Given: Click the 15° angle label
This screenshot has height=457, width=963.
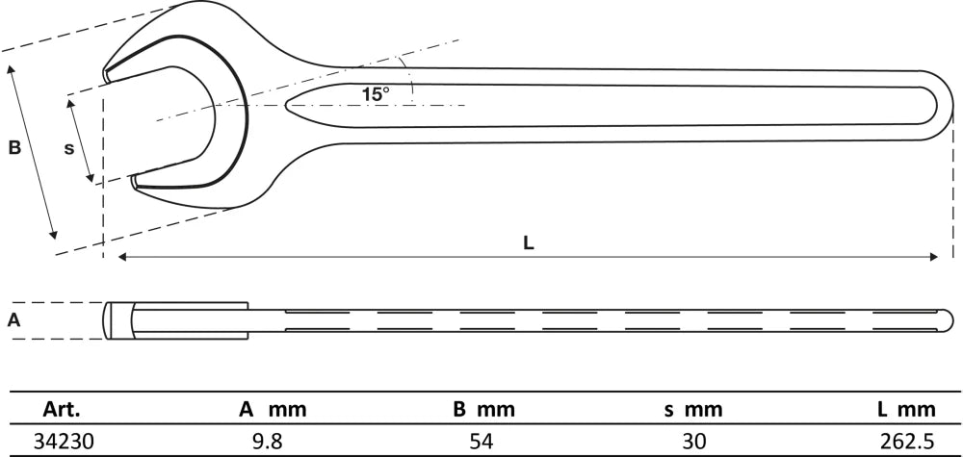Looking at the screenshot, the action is [x=375, y=94].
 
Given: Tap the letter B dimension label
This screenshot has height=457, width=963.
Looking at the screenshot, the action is [x=14, y=148].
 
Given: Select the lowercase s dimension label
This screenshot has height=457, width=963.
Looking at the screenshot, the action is [x=69, y=149].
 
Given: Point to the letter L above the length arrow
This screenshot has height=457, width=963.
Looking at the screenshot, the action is [x=528, y=242].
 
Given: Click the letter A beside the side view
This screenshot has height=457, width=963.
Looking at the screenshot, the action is [x=13, y=319].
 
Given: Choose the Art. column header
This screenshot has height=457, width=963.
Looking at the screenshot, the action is [x=62, y=409].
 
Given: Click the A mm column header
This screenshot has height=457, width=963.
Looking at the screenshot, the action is [x=273, y=409].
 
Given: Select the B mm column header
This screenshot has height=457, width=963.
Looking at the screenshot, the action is [x=484, y=409].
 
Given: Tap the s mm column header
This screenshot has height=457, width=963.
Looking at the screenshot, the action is [x=693, y=409].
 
